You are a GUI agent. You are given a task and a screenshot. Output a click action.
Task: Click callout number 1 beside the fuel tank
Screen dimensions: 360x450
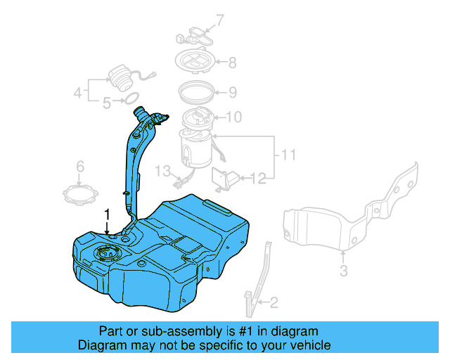(107, 213)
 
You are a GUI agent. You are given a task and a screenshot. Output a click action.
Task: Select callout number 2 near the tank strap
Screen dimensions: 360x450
(274, 303)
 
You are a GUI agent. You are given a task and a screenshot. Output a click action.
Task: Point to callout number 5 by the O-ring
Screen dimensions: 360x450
(107, 103)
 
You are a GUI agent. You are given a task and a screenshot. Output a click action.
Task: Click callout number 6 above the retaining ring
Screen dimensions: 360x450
(80, 167)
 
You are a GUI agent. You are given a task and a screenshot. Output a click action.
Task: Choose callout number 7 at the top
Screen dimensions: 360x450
(219, 19)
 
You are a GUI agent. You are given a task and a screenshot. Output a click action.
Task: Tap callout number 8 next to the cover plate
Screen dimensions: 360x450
(231, 62)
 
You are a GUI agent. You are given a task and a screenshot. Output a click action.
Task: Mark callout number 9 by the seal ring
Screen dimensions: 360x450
(231, 92)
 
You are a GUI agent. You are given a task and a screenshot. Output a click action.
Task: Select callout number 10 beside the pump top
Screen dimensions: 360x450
(233, 117)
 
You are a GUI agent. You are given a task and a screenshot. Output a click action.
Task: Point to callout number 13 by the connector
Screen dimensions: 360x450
(163, 171)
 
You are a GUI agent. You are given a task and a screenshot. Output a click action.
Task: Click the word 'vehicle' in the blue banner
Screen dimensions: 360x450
(306, 345)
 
